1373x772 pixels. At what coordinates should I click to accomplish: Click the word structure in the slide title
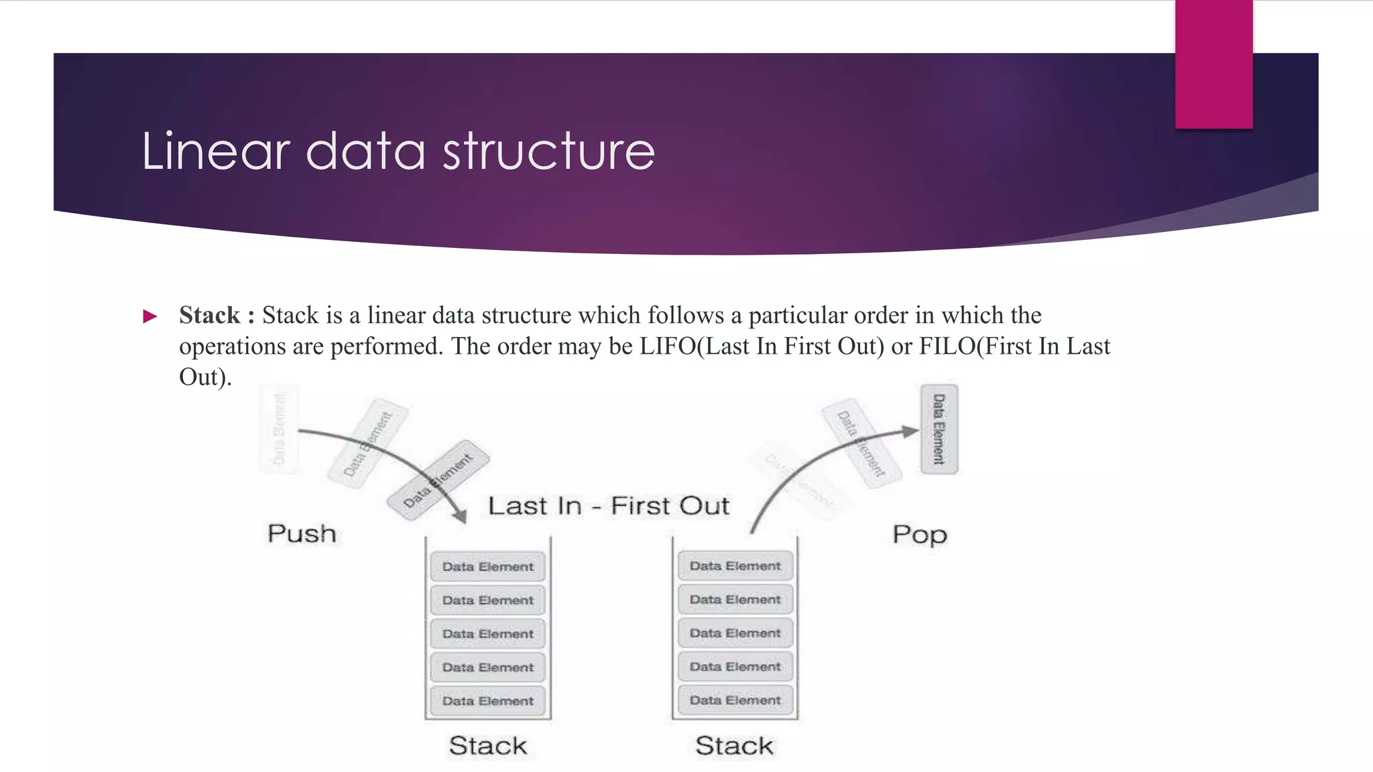pos(548,151)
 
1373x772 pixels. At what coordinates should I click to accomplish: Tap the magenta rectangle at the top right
pos(1213,64)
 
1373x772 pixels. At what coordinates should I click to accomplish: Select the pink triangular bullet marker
pos(150,316)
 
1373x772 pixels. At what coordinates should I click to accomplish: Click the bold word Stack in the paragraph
pos(209,315)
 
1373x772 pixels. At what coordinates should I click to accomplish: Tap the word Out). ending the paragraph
pos(205,377)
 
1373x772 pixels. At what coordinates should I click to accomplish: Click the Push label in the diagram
pos(302,534)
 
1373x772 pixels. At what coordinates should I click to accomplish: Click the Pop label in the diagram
pos(919,535)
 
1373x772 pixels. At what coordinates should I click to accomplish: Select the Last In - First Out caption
pos(608,506)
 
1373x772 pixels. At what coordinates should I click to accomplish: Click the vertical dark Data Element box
pos(939,430)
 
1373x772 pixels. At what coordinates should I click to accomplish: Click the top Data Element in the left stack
pos(487,567)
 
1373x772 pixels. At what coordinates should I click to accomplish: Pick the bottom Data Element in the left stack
pos(487,701)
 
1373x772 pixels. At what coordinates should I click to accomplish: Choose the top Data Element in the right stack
pos(735,566)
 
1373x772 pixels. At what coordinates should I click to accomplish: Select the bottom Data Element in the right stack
pos(735,700)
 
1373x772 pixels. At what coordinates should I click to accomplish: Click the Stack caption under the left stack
pos(487,746)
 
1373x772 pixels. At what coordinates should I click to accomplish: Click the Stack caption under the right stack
pos(734,746)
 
